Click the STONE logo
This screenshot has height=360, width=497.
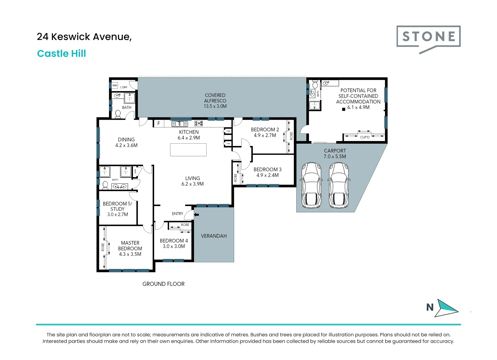428,37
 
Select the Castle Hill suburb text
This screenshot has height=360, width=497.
62,53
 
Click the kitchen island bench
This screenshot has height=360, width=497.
188,150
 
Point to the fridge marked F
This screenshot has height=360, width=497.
159,123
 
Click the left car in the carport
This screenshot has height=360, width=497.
311,185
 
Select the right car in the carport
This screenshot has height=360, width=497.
339,185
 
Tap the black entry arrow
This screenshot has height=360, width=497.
196,215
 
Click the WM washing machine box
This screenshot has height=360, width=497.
115,85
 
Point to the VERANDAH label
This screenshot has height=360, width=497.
214,236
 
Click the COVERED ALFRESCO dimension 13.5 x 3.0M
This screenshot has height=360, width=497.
215,106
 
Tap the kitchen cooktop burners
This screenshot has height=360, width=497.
199,123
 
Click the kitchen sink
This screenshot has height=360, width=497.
180,124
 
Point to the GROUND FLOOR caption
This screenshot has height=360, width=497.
163,284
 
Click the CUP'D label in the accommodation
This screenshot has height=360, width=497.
365,137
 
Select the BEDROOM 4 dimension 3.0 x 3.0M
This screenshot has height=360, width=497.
174,246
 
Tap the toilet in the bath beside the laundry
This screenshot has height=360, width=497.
118,114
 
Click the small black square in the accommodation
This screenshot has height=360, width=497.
344,109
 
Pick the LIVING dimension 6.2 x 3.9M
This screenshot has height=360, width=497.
192,184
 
